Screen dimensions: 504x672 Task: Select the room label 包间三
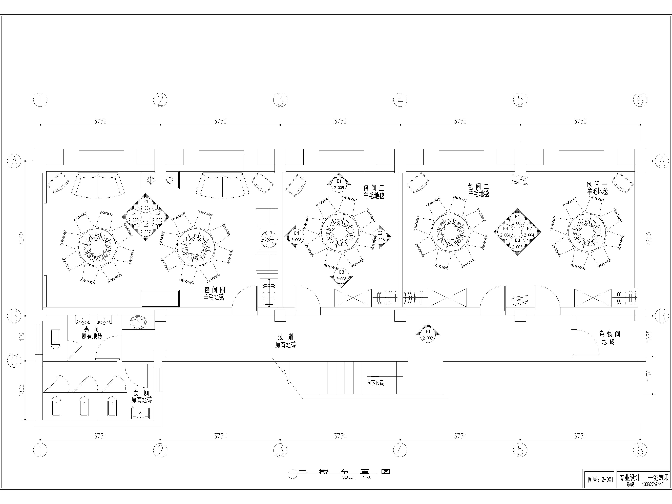(374, 188)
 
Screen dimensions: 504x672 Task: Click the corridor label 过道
(286, 337)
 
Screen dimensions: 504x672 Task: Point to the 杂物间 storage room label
(609, 334)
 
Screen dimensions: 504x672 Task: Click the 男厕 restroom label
(92, 329)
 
